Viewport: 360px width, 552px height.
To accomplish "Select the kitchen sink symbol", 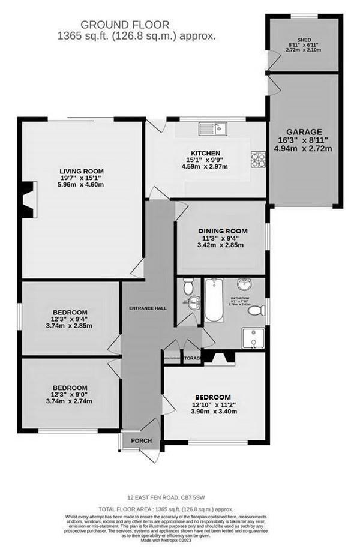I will [x=212, y=128].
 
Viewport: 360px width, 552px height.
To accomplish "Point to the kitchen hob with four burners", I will [x=259, y=158].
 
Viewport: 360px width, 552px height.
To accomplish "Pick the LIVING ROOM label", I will [x=82, y=171].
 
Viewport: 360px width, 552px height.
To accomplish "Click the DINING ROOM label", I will [x=223, y=230].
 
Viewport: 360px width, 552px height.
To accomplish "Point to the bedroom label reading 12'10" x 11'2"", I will [x=212, y=404].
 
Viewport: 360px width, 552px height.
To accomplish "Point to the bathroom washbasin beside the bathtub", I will [x=244, y=286].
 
